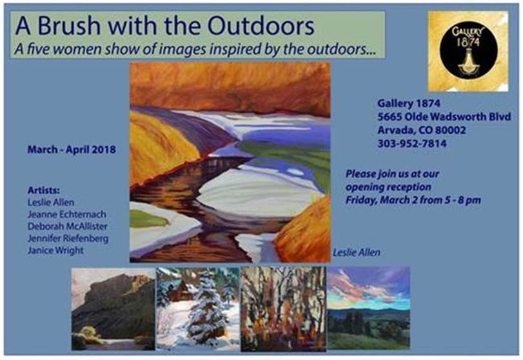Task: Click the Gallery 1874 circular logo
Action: (x=468, y=51)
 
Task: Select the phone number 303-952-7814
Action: (x=411, y=143)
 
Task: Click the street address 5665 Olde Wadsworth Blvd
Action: (x=444, y=116)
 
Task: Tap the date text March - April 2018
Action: (x=72, y=149)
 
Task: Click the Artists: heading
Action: (x=44, y=190)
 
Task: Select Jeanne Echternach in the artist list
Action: (x=66, y=214)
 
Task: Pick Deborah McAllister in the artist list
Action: (x=67, y=226)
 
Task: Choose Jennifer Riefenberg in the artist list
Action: (x=68, y=239)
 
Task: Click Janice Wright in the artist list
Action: (x=55, y=250)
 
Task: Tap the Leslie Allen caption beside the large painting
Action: (x=357, y=252)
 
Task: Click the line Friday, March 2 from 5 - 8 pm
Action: (x=413, y=200)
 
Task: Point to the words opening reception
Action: (x=388, y=187)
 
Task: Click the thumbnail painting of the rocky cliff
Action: (x=113, y=309)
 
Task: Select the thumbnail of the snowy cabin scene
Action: (x=198, y=309)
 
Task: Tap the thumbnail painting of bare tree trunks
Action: (x=283, y=308)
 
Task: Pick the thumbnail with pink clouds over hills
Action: (x=369, y=308)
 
